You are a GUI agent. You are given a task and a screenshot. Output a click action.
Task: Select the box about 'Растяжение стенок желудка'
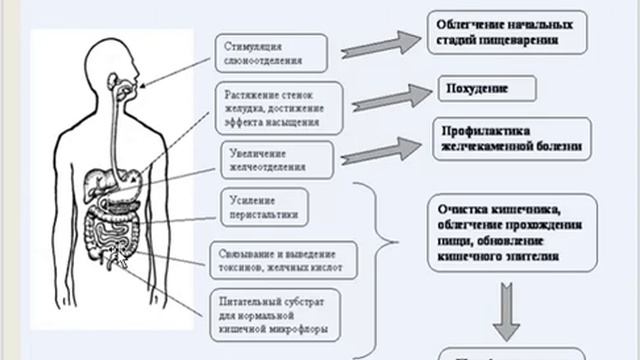pos(279,107)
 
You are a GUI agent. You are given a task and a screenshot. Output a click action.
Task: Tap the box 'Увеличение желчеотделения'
pos(276,160)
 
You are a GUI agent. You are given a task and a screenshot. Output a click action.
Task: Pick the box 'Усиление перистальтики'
pos(260,206)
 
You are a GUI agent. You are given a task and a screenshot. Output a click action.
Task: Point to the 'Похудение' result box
pos(485,88)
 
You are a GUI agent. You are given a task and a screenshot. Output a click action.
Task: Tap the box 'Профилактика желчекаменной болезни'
pos(508,139)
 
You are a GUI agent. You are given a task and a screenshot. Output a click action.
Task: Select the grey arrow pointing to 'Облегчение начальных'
pos(379,44)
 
